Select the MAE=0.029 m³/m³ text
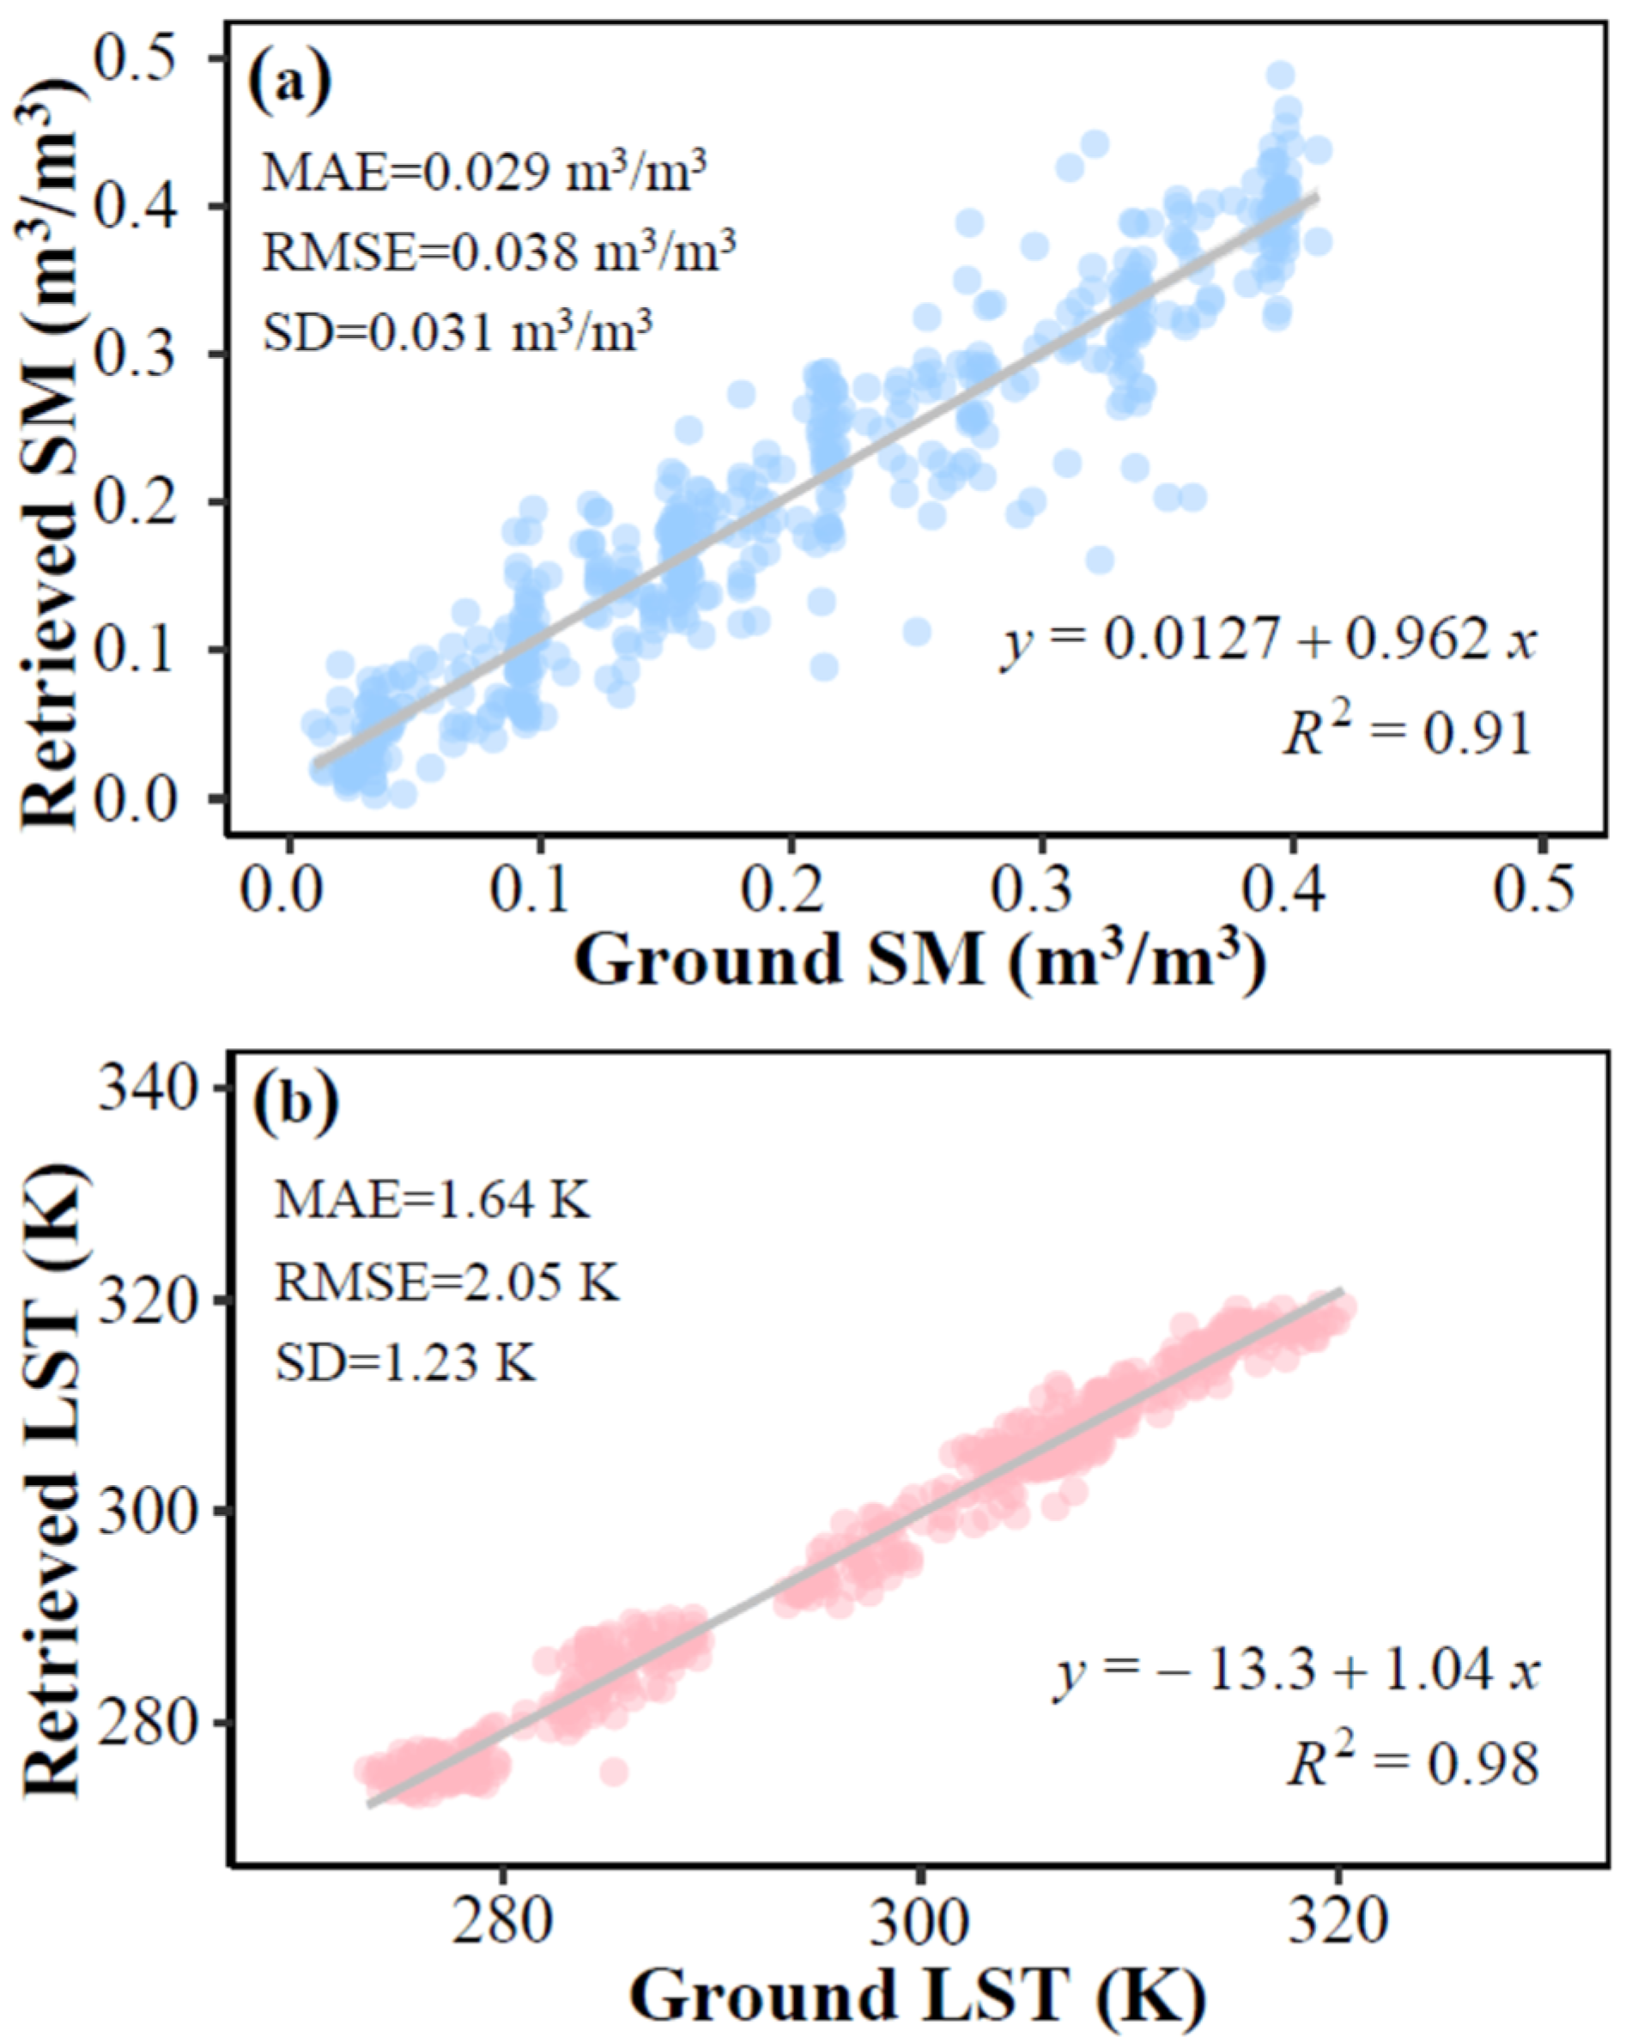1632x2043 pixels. (483, 173)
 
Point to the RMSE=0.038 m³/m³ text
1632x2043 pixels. (499, 252)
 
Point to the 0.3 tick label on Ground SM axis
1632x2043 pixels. (1040, 892)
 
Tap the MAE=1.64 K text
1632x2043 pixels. (432, 1201)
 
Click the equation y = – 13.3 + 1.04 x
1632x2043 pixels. (1295, 1671)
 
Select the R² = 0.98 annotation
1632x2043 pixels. (1411, 1763)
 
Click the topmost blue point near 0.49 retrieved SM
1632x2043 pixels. (1280, 76)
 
